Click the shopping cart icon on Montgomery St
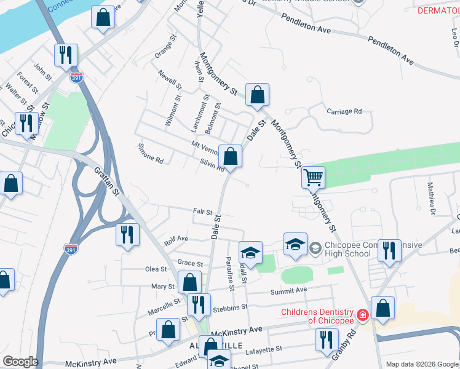pyautogui.click(x=313, y=177)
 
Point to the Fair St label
pyautogui.click(x=202, y=211)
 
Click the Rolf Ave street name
pyautogui.click(x=176, y=239)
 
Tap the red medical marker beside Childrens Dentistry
pyautogui.click(x=363, y=315)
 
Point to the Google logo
pyautogui.click(x=20, y=362)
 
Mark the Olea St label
pyautogui.click(x=156, y=269)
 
